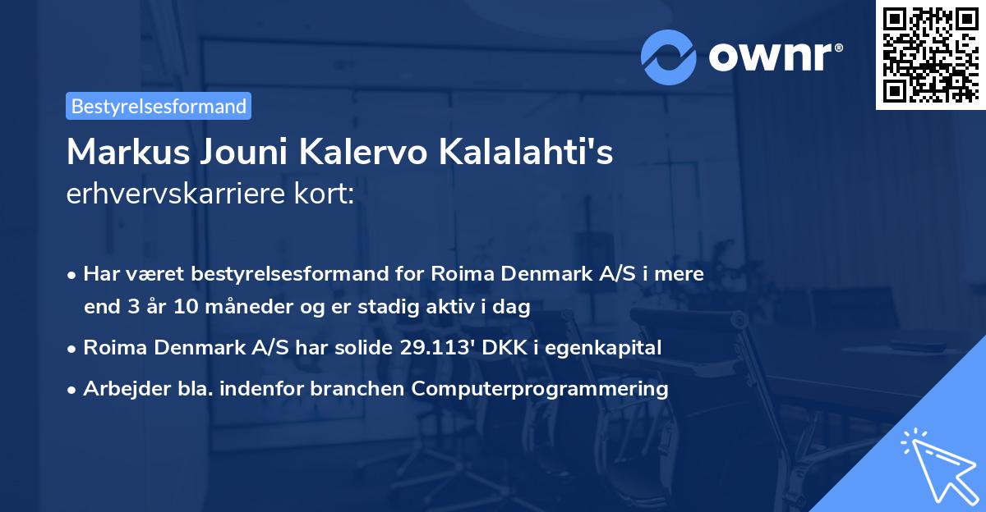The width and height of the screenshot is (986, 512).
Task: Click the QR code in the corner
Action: coord(930,55)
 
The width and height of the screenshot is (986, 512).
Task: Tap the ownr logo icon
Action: coord(668,57)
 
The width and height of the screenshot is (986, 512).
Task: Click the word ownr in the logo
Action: coord(773,57)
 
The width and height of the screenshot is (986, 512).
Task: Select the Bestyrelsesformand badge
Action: coord(159,106)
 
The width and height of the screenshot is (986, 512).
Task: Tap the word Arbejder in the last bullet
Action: coord(118,388)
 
